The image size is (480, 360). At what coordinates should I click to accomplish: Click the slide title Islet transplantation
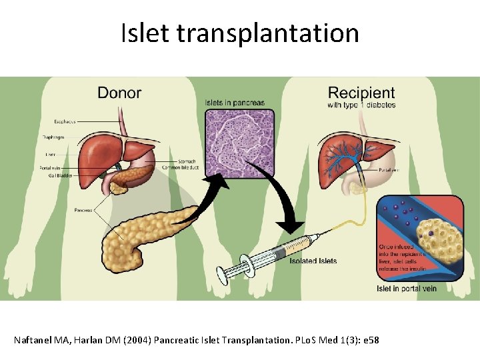(x=239, y=33)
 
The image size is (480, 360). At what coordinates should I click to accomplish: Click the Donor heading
(x=119, y=92)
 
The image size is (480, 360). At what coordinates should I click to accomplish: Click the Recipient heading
(x=361, y=93)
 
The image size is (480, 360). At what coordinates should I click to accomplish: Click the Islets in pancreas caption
(x=235, y=103)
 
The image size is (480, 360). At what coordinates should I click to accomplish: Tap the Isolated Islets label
(x=313, y=261)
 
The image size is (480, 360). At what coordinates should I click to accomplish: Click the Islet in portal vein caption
(x=407, y=289)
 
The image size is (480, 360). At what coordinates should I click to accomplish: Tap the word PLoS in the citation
(x=303, y=341)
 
